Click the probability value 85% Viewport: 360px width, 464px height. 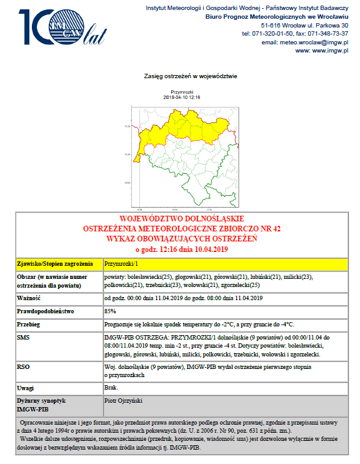point(110,311)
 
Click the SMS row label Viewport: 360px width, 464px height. point(23,337)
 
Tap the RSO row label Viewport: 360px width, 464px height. point(23,366)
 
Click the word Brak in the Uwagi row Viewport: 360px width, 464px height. point(111,388)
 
